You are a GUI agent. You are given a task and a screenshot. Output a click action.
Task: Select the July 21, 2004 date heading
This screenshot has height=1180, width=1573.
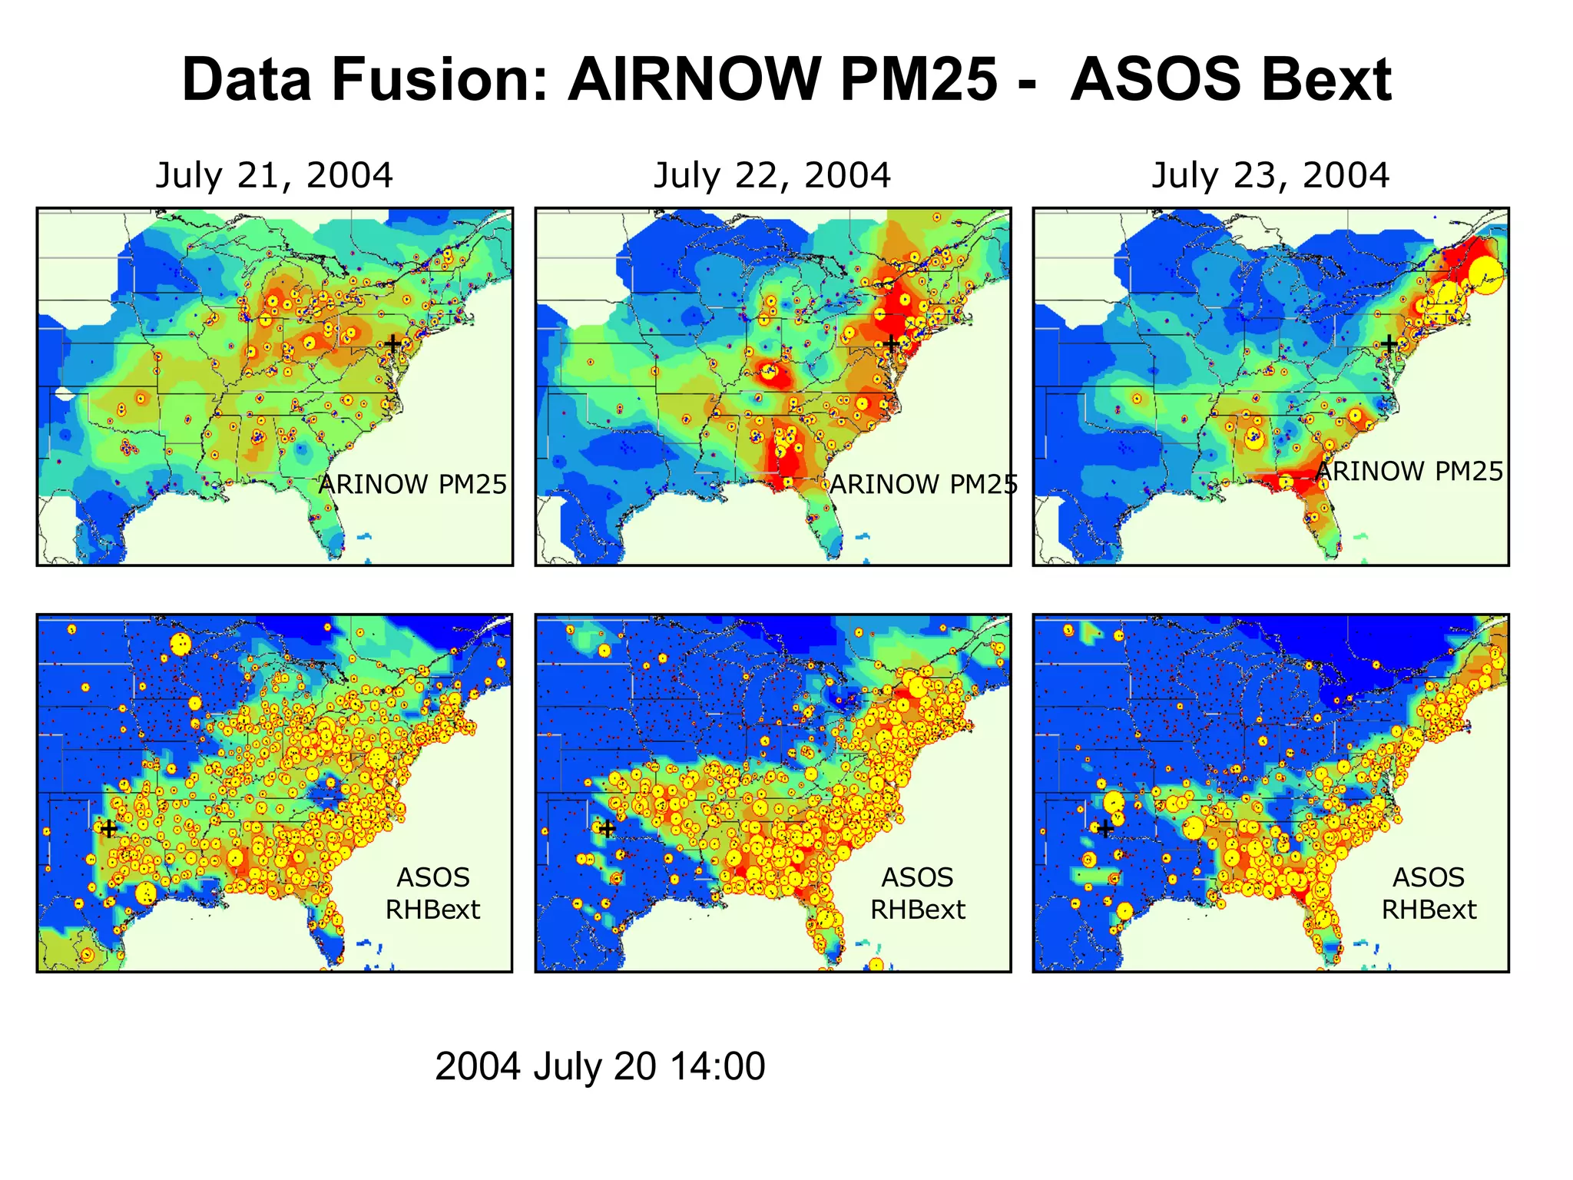(x=274, y=175)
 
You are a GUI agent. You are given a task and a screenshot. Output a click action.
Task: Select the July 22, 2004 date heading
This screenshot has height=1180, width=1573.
(x=772, y=175)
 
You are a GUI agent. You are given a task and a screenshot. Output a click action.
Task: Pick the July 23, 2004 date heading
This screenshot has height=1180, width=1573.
(x=1270, y=175)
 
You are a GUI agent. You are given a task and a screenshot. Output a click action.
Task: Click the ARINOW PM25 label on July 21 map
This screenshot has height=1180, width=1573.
(x=412, y=484)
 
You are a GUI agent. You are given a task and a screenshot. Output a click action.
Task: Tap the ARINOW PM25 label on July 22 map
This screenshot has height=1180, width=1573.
(x=923, y=484)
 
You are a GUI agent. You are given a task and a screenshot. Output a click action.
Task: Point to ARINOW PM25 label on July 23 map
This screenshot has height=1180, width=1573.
(x=1409, y=471)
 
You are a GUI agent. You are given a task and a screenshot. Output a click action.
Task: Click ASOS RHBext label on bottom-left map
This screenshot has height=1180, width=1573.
(x=432, y=893)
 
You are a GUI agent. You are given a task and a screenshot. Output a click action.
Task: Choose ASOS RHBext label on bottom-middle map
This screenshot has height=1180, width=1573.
(x=917, y=893)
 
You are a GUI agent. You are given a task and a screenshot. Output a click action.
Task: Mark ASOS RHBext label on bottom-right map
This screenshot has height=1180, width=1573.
(x=1429, y=893)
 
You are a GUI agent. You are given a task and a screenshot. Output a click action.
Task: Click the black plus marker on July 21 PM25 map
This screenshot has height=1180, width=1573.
(x=392, y=343)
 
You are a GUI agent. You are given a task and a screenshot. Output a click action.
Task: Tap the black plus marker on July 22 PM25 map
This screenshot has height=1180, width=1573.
(x=890, y=343)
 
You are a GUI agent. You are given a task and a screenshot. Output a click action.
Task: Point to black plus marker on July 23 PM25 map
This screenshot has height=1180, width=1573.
(x=1389, y=343)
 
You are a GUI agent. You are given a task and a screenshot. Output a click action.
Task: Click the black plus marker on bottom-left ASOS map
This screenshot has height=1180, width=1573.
(x=109, y=829)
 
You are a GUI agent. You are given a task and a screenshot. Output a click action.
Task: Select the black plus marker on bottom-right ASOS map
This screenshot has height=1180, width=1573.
(x=1104, y=829)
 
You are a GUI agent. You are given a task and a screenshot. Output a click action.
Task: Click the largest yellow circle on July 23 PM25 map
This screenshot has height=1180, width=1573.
(x=1485, y=276)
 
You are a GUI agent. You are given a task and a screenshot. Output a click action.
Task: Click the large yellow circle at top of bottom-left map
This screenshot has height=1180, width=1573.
(x=180, y=645)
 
